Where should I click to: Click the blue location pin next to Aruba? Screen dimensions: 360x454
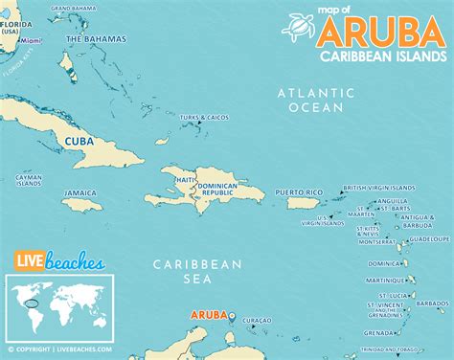click(230, 314)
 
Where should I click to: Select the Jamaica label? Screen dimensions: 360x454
click(80, 192)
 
